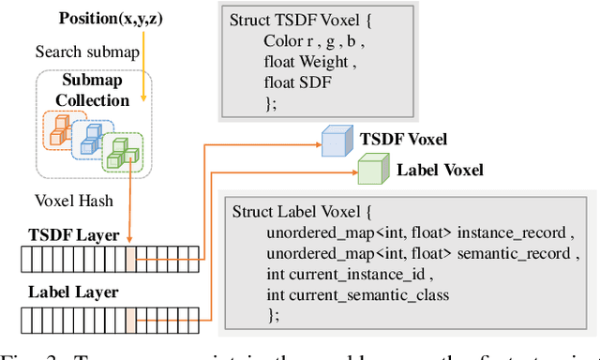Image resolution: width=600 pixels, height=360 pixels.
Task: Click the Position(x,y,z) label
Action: (107, 18)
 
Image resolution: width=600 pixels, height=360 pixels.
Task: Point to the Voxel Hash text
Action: (74, 200)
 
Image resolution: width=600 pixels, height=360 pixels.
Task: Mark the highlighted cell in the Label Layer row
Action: (130, 319)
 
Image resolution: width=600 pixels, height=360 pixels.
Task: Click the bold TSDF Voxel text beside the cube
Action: (403, 140)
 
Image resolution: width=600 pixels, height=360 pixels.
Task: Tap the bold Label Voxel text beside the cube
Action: (440, 170)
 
